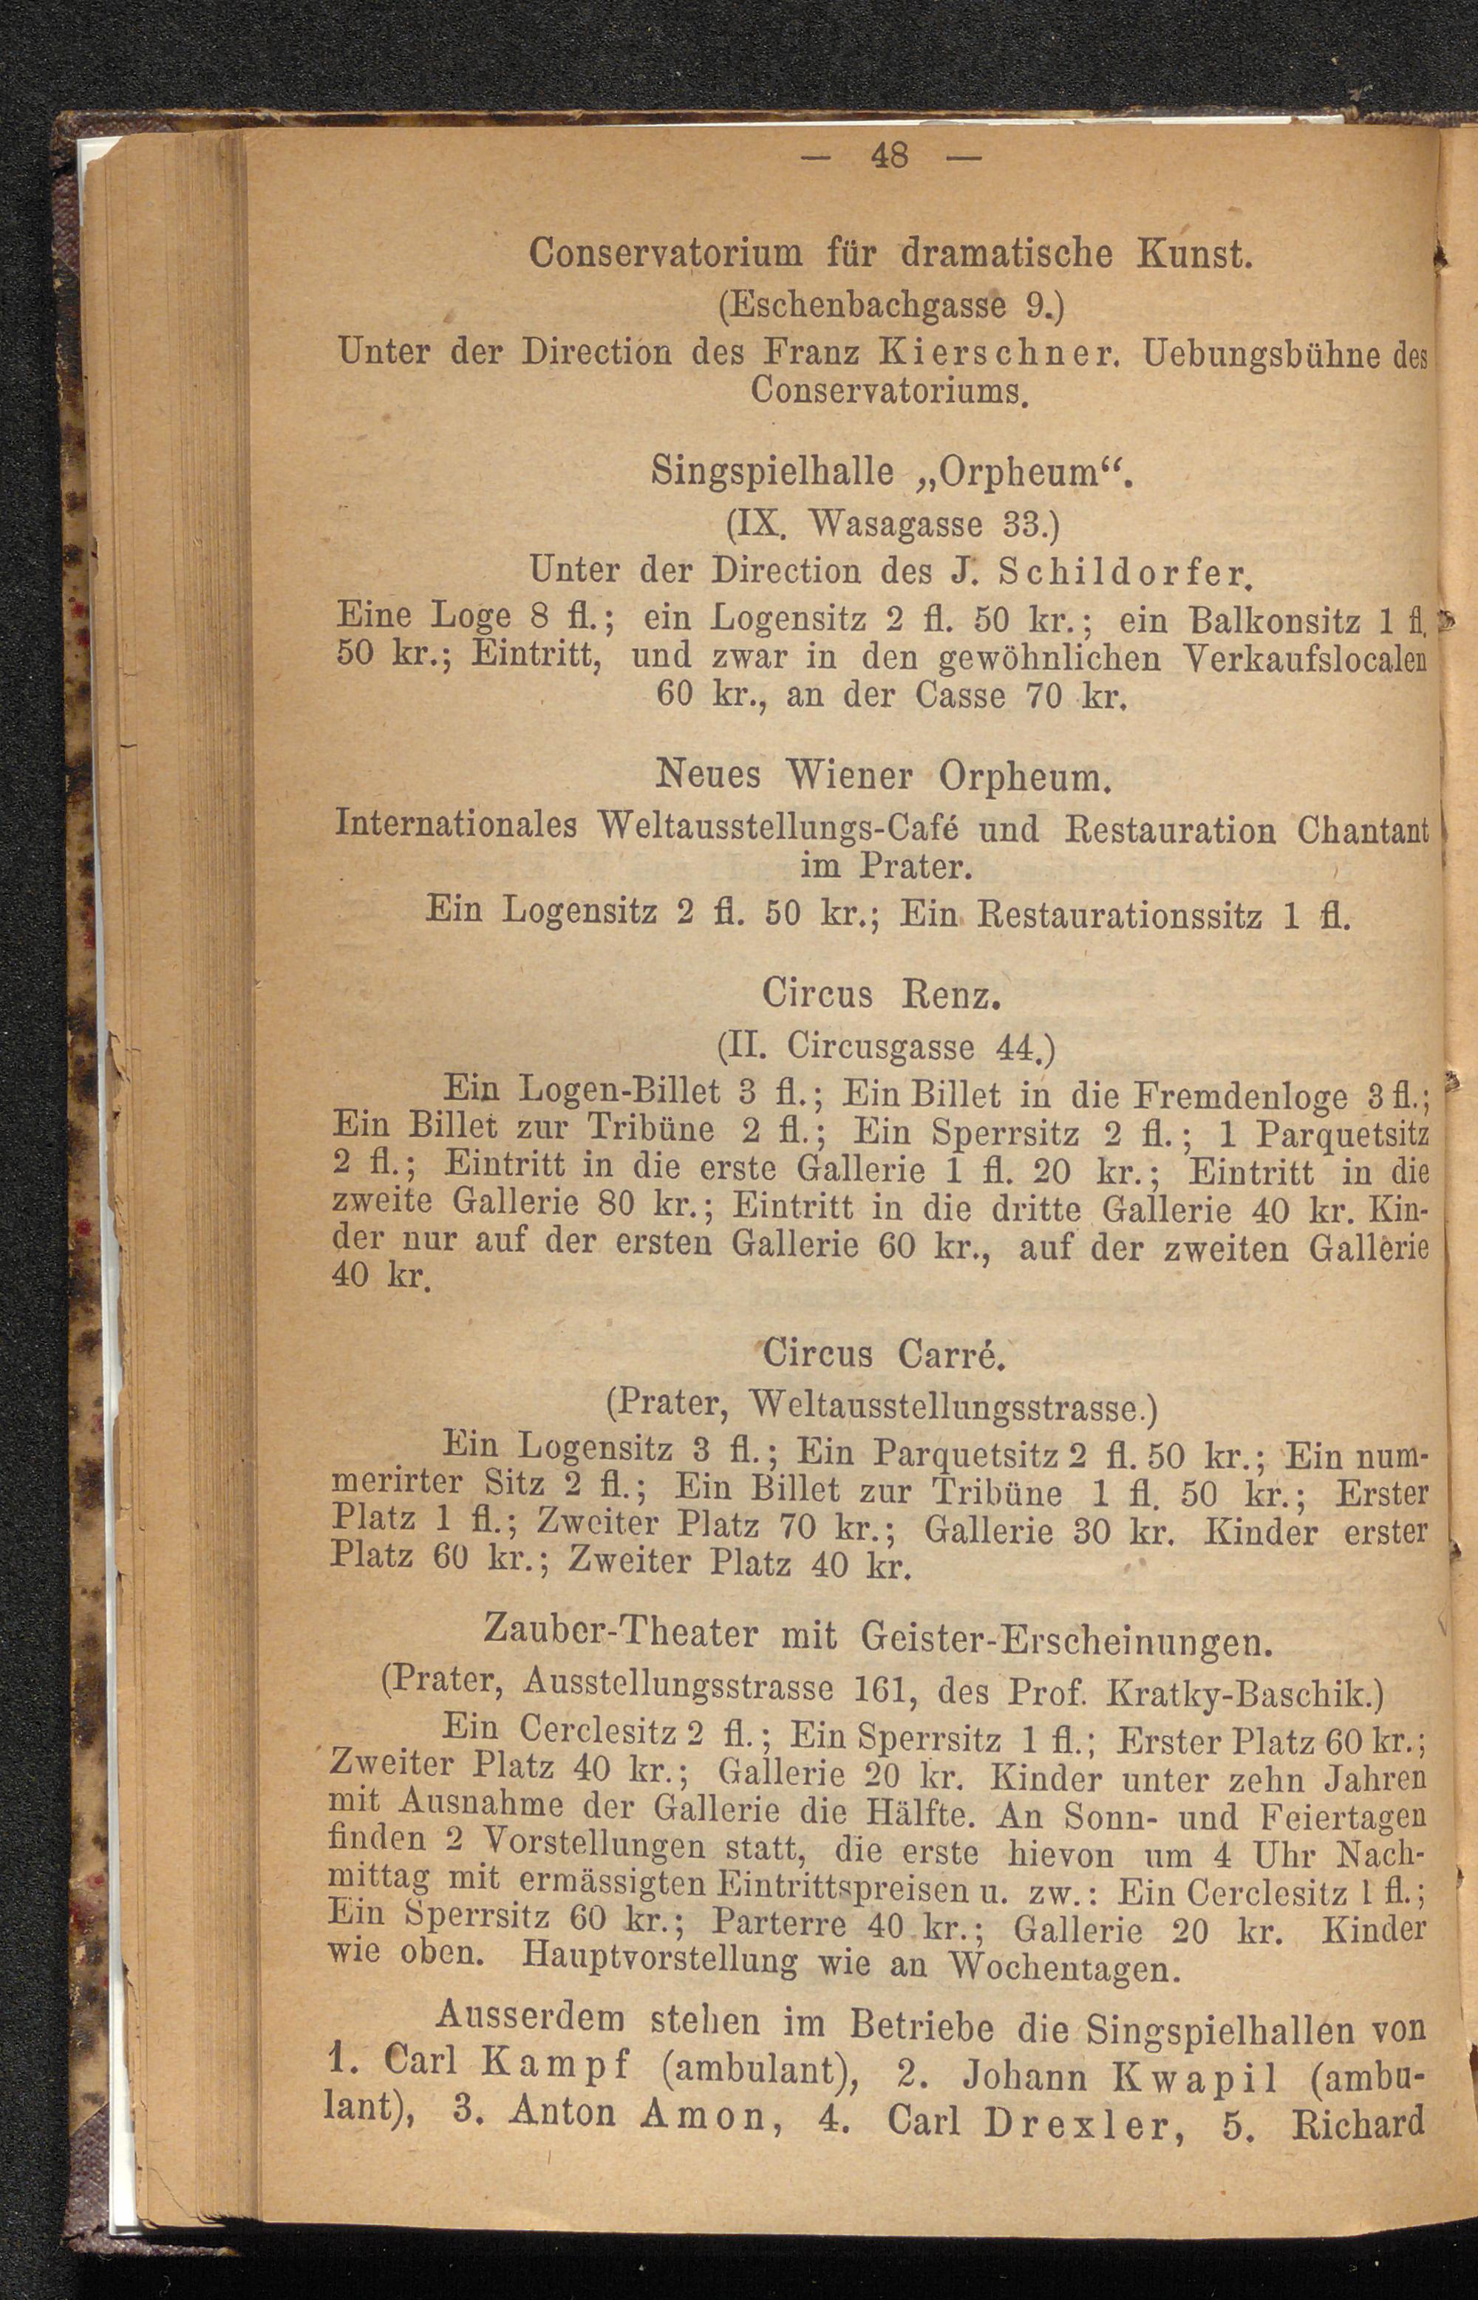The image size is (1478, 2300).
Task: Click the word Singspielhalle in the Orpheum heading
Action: (772, 472)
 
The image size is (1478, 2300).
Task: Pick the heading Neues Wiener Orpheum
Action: (884, 775)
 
